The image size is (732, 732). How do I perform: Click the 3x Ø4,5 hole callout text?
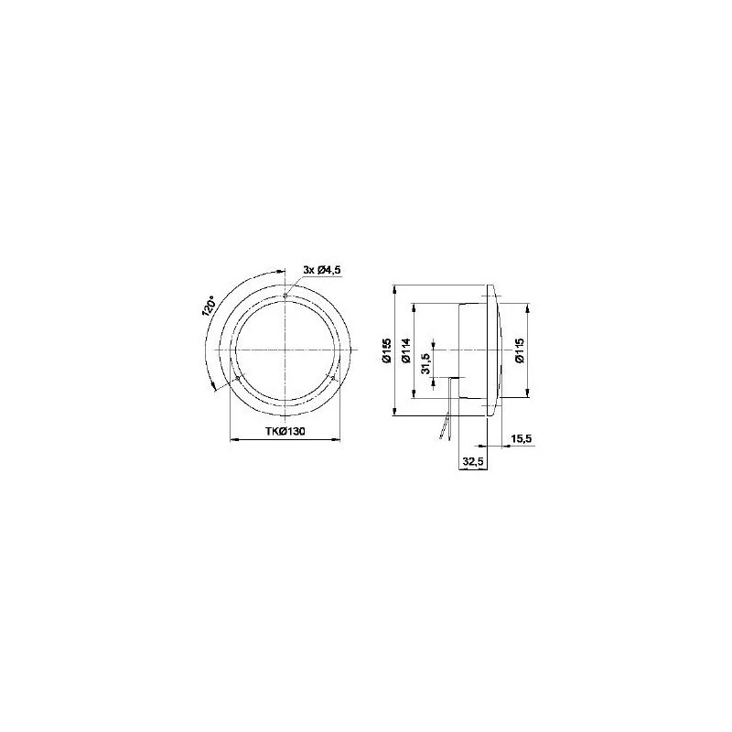tap(322, 270)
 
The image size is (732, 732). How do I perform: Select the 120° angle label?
tap(209, 307)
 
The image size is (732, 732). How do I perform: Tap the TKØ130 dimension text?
tap(285, 431)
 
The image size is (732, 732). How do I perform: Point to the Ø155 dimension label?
tap(385, 350)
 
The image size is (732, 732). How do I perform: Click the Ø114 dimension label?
tap(405, 350)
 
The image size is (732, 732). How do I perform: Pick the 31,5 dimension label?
tap(425, 363)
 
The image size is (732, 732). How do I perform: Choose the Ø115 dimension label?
tap(520, 350)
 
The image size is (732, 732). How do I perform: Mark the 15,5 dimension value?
tap(521, 439)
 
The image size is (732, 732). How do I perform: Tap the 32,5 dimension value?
tap(473, 462)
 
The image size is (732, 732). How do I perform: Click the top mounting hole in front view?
tap(285, 295)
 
